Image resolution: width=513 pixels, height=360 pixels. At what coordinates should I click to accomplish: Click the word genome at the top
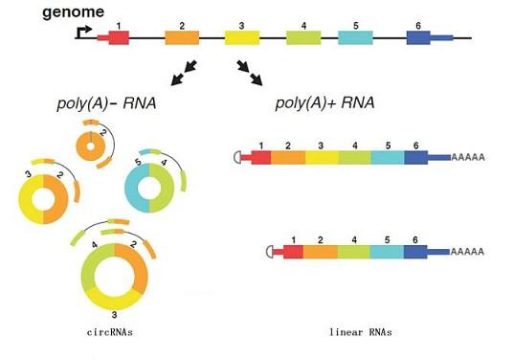click(x=74, y=12)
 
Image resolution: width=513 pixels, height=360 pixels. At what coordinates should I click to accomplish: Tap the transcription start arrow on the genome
click(x=83, y=32)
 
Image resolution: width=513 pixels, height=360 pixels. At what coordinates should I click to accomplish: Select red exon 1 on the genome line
click(x=119, y=38)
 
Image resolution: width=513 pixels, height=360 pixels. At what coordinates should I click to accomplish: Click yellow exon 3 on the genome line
click(x=242, y=38)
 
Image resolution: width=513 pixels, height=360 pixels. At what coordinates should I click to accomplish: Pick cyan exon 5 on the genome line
click(x=355, y=38)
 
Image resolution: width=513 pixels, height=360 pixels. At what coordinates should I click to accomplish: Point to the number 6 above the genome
click(x=418, y=26)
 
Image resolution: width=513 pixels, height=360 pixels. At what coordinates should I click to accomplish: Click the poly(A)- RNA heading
click(x=106, y=103)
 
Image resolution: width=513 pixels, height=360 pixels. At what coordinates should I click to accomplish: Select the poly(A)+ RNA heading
click(x=324, y=102)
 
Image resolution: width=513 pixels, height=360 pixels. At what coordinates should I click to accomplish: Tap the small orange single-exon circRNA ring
click(x=90, y=146)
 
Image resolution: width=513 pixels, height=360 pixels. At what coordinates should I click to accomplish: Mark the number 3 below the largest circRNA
click(x=114, y=315)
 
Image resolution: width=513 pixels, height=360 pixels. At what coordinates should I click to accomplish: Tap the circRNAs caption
click(x=110, y=332)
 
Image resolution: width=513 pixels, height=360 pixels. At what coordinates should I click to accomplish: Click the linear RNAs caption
click(x=361, y=332)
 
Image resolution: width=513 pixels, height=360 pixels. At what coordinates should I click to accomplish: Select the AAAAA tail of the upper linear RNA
click(x=468, y=157)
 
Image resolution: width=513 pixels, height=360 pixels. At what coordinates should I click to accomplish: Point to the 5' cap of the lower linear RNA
click(x=270, y=252)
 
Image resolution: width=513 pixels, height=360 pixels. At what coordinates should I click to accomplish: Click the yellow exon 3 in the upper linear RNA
click(x=322, y=157)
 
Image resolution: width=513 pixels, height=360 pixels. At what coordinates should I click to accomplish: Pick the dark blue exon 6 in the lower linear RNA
click(x=415, y=252)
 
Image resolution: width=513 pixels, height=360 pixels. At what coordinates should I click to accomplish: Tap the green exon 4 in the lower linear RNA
click(x=354, y=252)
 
